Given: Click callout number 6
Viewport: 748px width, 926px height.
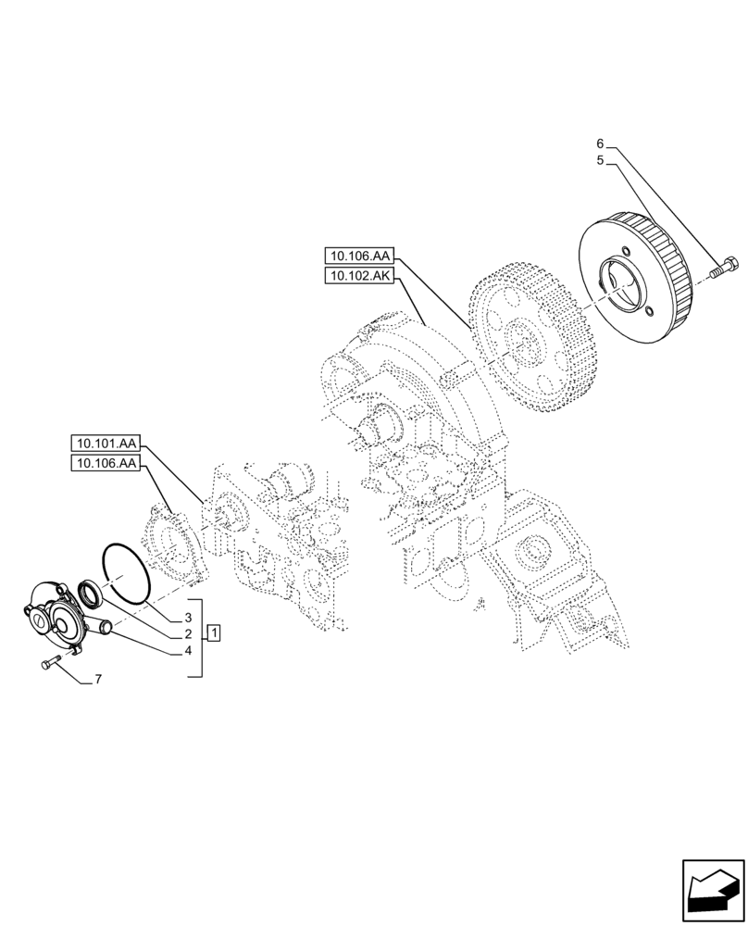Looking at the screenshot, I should click(600, 144).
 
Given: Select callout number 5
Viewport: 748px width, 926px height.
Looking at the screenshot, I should click(600, 160).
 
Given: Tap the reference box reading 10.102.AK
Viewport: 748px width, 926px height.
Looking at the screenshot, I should click(358, 275).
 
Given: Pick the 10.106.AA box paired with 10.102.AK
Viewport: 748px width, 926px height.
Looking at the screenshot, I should click(358, 255).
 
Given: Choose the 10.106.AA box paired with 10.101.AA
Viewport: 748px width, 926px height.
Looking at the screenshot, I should click(104, 464).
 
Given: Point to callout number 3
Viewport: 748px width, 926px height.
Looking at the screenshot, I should click(188, 617).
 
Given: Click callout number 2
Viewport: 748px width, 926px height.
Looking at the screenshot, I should click(188, 633).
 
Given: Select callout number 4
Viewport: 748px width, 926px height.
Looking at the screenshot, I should click(188, 650).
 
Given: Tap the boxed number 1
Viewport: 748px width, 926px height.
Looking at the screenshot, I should click(214, 633).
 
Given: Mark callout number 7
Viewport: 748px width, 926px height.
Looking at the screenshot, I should click(97, 680).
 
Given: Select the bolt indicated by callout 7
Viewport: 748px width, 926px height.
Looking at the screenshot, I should click(51, 661).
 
